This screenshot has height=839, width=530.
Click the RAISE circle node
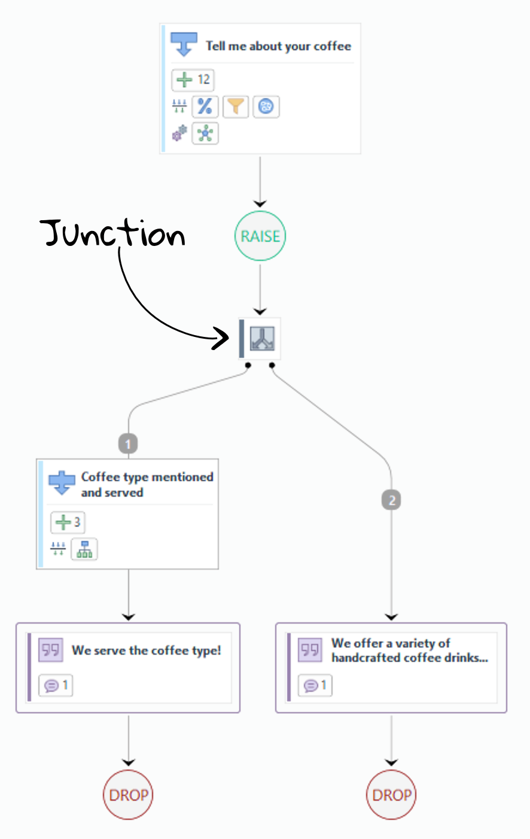260,236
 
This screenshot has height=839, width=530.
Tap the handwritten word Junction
114,233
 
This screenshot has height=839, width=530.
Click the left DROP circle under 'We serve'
128,795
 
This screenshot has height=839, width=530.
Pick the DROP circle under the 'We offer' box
391,795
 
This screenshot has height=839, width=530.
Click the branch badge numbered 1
128,444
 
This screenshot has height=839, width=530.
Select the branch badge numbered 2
391,500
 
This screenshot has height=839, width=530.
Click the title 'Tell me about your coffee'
278,46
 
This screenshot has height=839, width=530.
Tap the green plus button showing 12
193,80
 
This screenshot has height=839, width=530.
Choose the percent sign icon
205,107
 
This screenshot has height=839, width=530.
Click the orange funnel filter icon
236,107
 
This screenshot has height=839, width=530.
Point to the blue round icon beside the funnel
266,107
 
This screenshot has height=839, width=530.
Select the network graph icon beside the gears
205,133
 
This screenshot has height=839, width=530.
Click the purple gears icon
179,133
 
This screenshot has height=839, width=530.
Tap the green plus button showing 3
68,522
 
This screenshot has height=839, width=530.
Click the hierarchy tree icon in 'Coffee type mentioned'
84,549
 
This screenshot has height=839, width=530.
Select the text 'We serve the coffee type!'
147,650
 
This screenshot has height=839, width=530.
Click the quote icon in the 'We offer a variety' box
310,650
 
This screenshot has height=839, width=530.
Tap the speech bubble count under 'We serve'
56,685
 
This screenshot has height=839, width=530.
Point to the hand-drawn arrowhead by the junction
223,339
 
